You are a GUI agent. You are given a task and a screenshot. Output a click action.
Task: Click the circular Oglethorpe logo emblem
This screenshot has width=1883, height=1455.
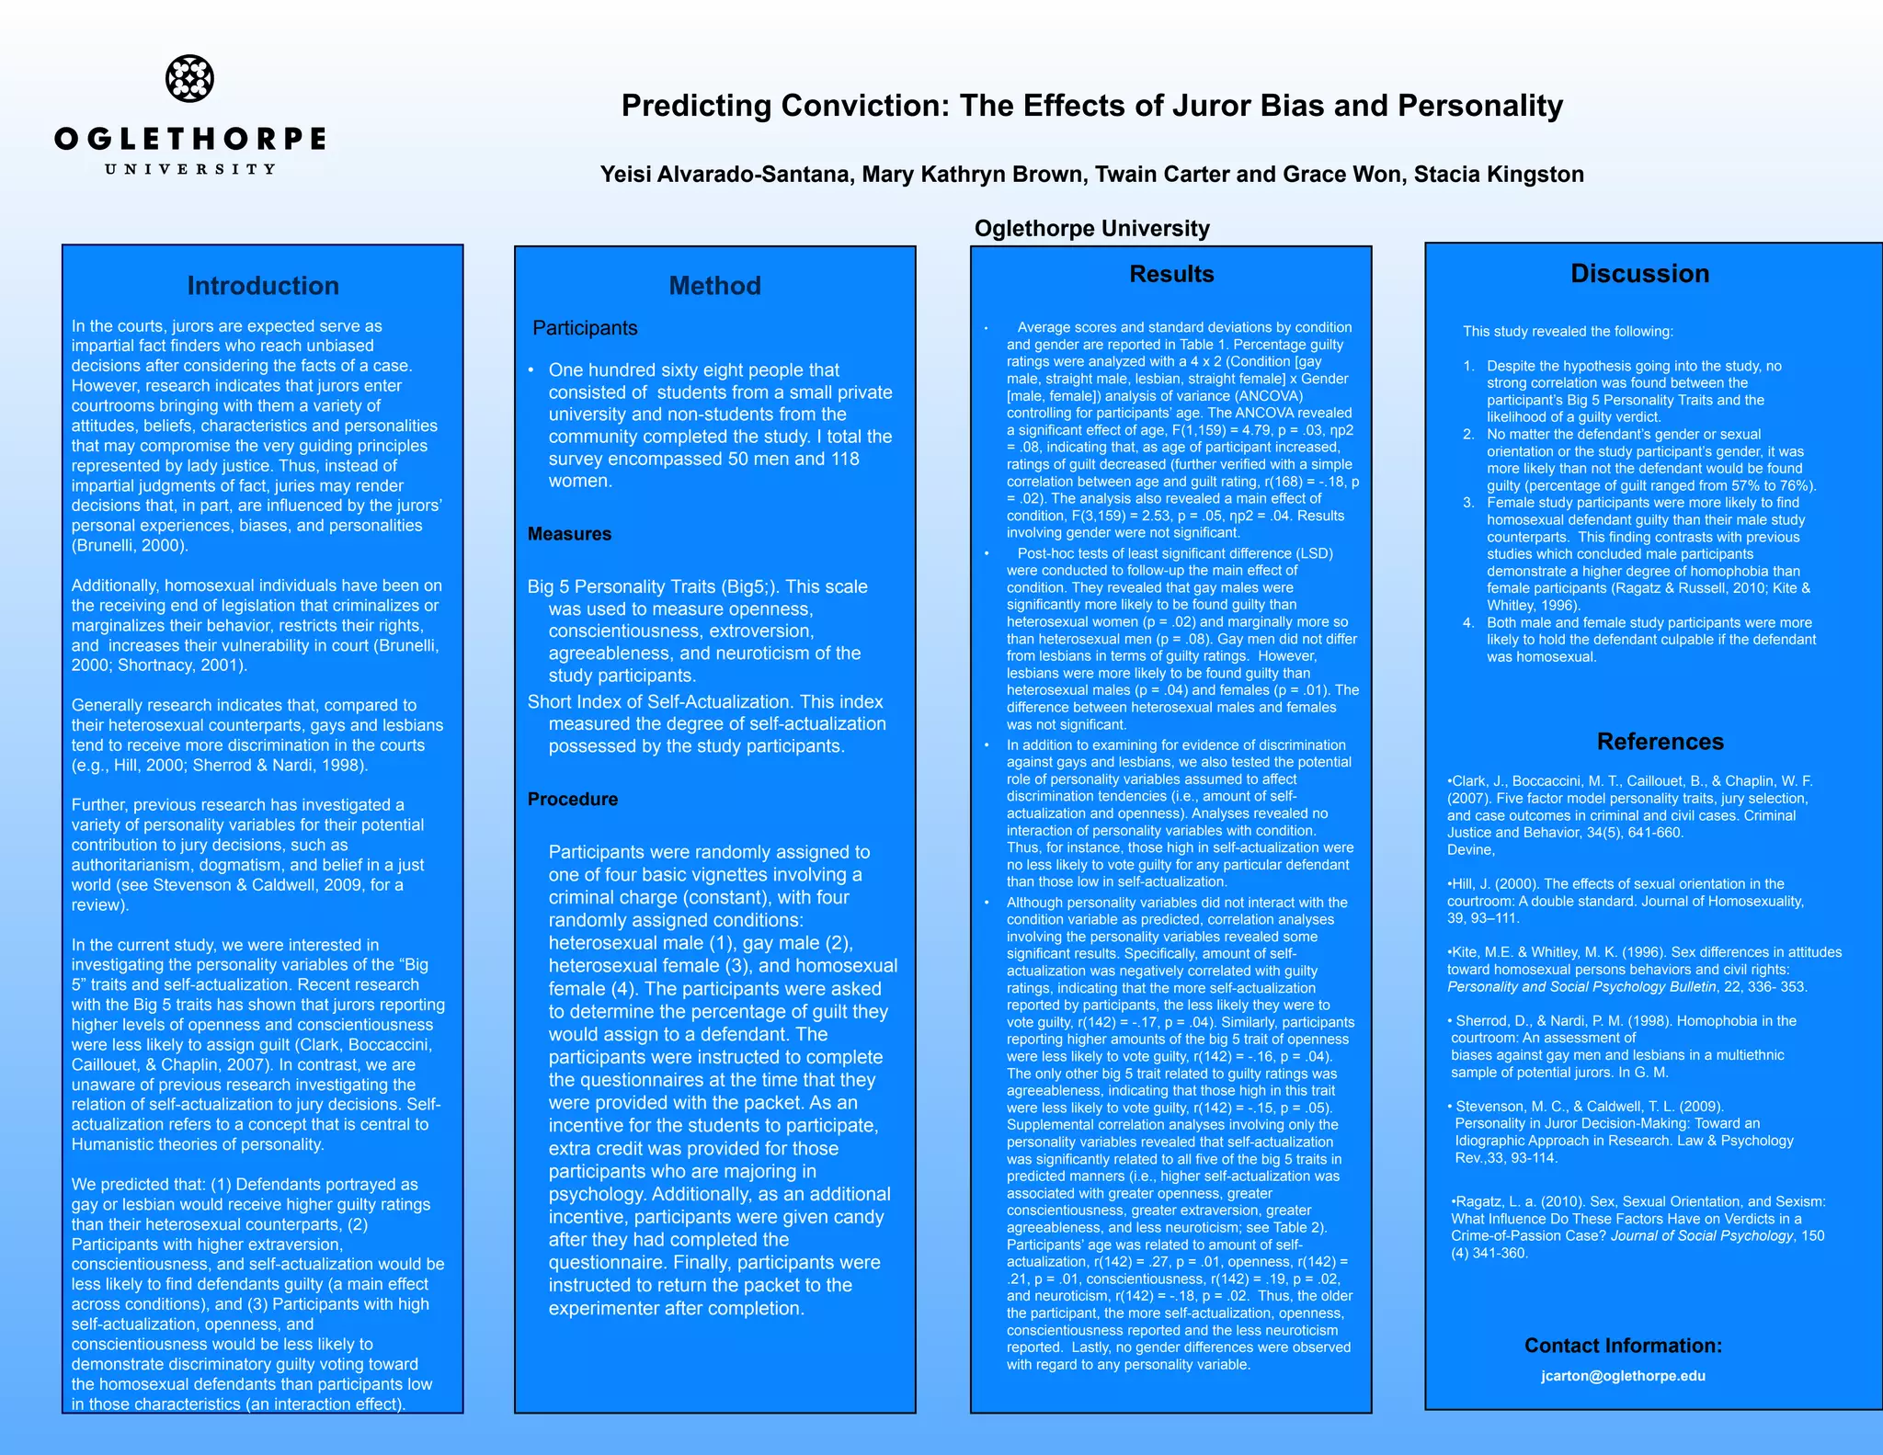(x=189, y=78)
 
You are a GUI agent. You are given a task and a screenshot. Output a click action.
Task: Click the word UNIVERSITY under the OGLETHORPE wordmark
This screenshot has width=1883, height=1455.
(x=189, y=169)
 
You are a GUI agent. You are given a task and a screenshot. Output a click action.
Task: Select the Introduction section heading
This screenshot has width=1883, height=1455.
(x=263, y=286)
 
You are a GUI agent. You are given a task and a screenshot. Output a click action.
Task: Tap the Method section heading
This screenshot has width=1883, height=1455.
(x=714, y=286)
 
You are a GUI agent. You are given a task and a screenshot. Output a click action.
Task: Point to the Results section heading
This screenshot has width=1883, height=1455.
(x=1171, y=274)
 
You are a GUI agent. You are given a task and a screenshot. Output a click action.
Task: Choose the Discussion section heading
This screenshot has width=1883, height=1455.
(x=1639, y=273)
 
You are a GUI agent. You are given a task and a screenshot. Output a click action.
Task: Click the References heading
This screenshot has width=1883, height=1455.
(x=1660, y=742)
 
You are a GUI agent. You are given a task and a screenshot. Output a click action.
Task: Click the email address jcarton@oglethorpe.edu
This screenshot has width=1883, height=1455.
(x=1623, y=1376)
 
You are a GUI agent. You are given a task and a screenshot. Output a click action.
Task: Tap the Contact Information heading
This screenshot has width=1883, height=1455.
(x=1623, y=1346)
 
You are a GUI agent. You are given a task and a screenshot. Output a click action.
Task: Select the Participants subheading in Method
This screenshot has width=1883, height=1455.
(x=585, y=328)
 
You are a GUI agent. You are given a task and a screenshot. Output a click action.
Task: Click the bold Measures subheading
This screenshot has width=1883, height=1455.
(x=569, y=534)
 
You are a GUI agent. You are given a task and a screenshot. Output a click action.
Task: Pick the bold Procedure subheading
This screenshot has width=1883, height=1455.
(x=572, y=799)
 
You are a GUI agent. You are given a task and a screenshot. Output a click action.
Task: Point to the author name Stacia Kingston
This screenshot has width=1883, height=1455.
(x=1499, y=175)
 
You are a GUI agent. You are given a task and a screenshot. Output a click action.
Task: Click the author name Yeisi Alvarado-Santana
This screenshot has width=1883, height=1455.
(x=725, y=175)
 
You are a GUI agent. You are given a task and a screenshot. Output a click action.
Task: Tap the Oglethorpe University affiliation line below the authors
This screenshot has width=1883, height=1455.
(x=1091, y=228)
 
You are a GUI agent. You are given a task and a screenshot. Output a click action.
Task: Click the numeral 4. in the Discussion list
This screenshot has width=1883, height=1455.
(x=1468, y=623)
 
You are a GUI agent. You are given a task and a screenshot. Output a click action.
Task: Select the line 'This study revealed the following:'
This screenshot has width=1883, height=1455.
(x=1568, y=332)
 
